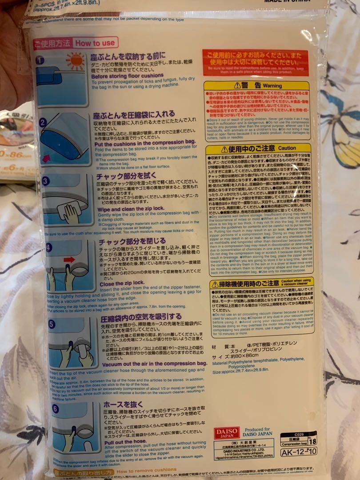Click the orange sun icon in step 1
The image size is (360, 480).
pos(75,61)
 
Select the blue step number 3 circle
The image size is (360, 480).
pos(46,181)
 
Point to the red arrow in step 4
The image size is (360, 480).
pos(70,259)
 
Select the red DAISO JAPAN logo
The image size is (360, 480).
pos(226,433)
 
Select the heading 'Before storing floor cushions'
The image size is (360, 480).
pos(127,76)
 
